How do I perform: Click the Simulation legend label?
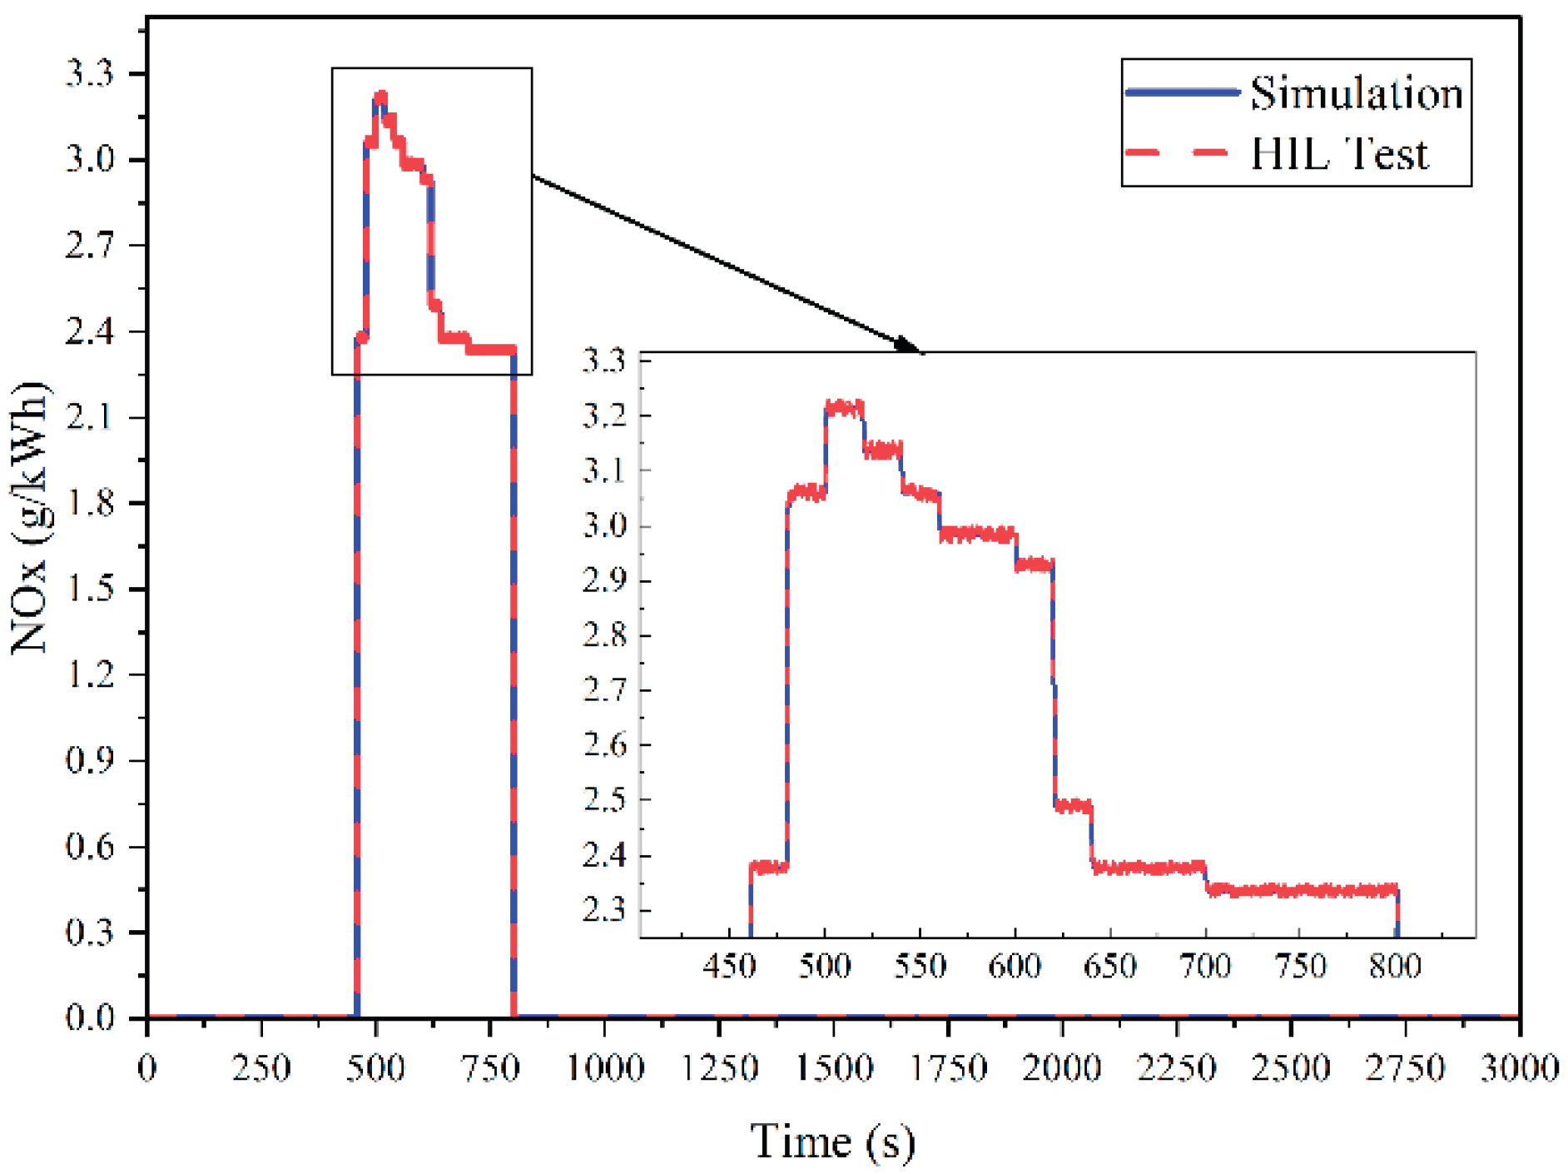1356,93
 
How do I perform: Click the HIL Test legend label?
1339,154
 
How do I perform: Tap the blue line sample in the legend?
1182,92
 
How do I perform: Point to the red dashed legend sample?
1177,153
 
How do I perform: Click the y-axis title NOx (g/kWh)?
30,518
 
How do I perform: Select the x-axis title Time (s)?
832,1141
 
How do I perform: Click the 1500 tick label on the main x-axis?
834,1068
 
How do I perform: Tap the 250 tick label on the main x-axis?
261,1068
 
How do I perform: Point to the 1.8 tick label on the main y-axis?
90,503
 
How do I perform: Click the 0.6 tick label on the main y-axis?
90,847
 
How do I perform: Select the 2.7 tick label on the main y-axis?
90,246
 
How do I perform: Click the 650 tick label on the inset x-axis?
1109,967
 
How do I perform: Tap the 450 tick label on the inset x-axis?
729,967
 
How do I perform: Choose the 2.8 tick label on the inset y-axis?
605,635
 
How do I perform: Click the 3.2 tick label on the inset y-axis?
605,415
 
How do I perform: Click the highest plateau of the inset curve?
844,407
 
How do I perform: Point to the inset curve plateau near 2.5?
1073,805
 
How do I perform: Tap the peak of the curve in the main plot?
381,97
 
